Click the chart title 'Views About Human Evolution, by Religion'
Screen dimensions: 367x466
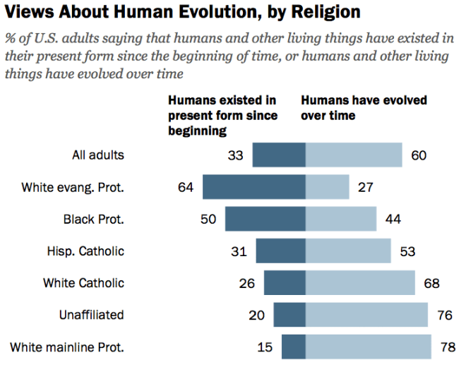[x=183, y=13]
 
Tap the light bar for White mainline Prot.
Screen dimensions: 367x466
[x=368, y=347]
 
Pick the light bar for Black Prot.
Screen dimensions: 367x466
[x=340, y=219]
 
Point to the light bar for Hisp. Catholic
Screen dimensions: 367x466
[x=348, y=251]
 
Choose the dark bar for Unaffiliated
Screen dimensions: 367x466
[x=289, y=315]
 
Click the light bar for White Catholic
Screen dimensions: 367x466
[x=360, y=283]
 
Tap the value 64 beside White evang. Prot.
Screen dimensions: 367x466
[x=186, y=187]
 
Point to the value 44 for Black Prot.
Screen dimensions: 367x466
[x=393, y=219]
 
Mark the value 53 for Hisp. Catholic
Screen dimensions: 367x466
[x=407, y=251]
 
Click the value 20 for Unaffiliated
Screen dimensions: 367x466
[x=257, y=315]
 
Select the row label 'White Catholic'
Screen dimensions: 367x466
[x=83, y=283]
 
